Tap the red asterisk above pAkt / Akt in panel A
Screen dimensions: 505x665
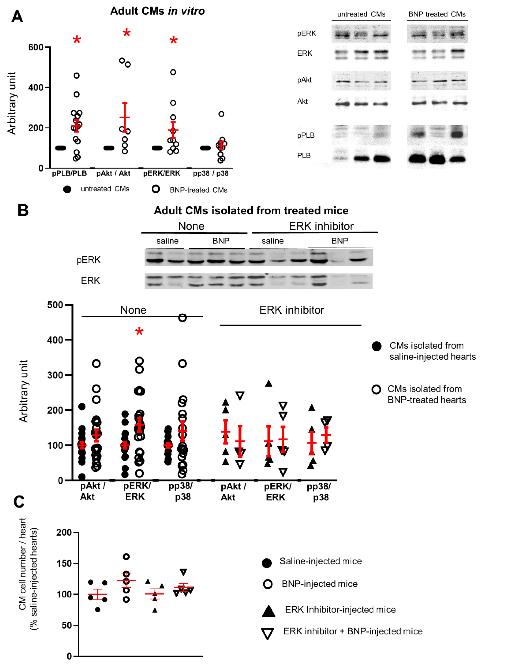click(x=126, y=33)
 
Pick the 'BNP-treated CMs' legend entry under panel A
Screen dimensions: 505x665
click(x=198, y=190)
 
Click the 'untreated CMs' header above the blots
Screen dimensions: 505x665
click(x=361, y=14)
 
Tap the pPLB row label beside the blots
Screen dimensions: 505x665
click(x=306, y=135)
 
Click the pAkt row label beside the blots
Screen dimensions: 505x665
click(x=304, y=80)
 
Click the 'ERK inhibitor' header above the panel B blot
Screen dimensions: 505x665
click(x=321, y=226)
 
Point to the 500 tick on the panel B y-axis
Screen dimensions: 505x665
click(x=55, y=305)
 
